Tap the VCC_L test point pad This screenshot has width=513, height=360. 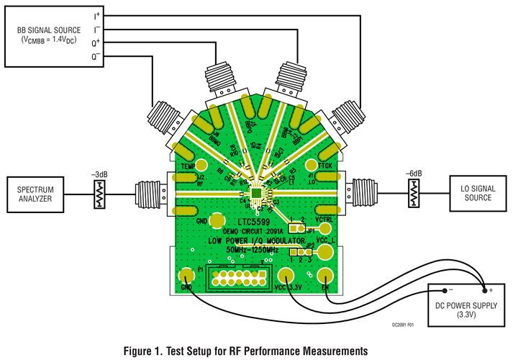tap(326, 251)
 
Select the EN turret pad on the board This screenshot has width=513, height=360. tap(327, 277)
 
